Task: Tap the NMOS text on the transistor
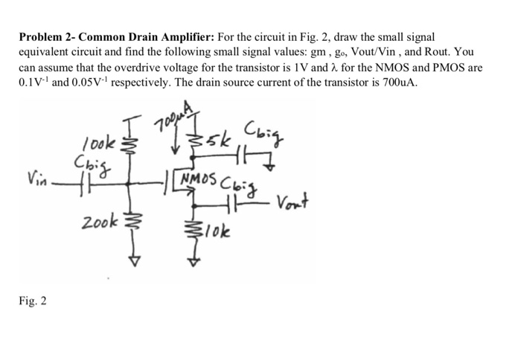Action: (x=196, y=181)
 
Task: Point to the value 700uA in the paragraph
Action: (x=404, y=83)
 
